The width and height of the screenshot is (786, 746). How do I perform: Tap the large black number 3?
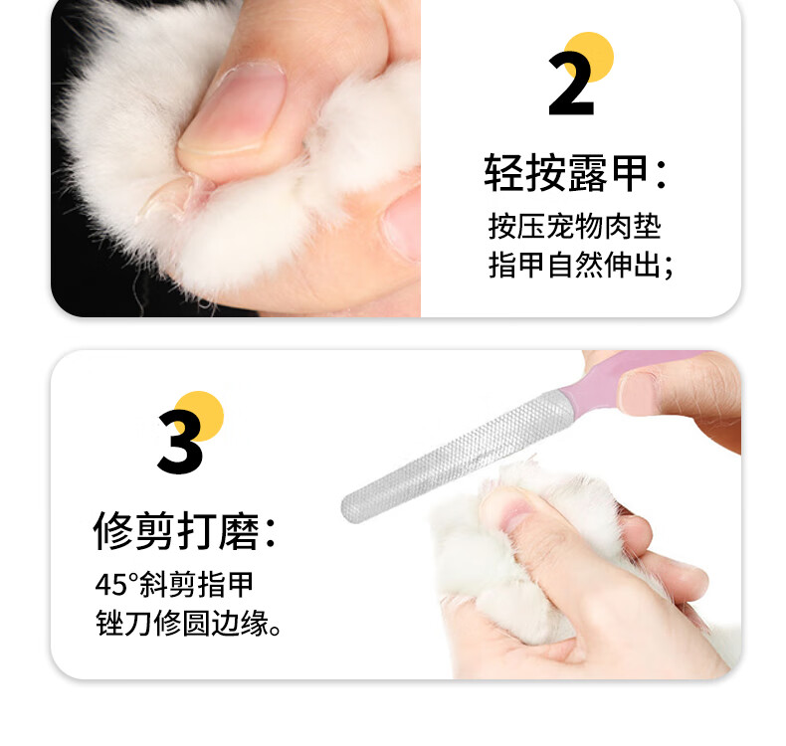(x=180, y=442)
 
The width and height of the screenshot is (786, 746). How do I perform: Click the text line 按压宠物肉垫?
(x=575, y=227)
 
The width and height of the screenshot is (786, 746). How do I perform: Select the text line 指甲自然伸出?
(x=580, y=265)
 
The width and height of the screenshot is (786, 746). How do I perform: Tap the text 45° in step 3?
(x=116, y=584)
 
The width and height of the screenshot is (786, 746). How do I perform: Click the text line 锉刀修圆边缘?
(x=188, y=624)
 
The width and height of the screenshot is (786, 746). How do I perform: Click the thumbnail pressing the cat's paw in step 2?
(x=233, y=109)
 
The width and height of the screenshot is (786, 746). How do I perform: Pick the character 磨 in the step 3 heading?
(x=239, y=530)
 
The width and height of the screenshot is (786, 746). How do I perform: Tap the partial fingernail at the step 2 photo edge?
(x=403, y=224)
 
